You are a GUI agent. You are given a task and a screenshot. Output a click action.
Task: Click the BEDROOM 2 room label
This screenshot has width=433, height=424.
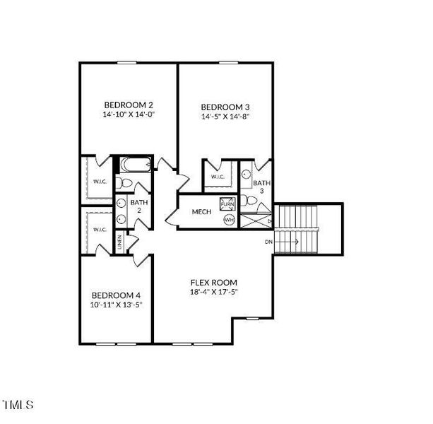(126, 102)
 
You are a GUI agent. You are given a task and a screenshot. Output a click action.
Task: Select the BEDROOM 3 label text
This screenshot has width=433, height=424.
(225, 107)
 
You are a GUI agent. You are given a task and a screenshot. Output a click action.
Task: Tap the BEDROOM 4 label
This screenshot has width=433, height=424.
(116, 295)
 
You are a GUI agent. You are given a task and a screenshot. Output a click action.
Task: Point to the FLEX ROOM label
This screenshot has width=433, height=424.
(213, 281)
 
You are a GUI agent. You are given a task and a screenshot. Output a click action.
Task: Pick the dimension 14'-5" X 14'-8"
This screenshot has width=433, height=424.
(225, 117)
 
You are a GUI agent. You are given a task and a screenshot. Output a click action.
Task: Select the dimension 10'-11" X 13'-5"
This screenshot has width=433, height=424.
(116, 305)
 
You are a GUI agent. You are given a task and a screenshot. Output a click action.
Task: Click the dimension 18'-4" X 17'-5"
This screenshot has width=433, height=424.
(213, 291)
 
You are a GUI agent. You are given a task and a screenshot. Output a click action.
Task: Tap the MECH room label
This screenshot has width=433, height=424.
(194, 211)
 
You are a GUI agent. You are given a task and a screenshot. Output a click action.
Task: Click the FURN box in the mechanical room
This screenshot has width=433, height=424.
(227, 204)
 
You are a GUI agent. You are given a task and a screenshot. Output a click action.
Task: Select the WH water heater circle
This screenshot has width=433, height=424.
(228, 220)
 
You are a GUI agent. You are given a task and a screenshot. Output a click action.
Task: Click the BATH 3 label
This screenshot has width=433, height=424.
(260, 187)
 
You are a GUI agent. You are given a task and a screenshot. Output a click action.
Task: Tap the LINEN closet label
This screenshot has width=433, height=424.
(120, 242)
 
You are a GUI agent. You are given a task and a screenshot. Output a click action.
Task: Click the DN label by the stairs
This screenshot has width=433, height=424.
(268, 242)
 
